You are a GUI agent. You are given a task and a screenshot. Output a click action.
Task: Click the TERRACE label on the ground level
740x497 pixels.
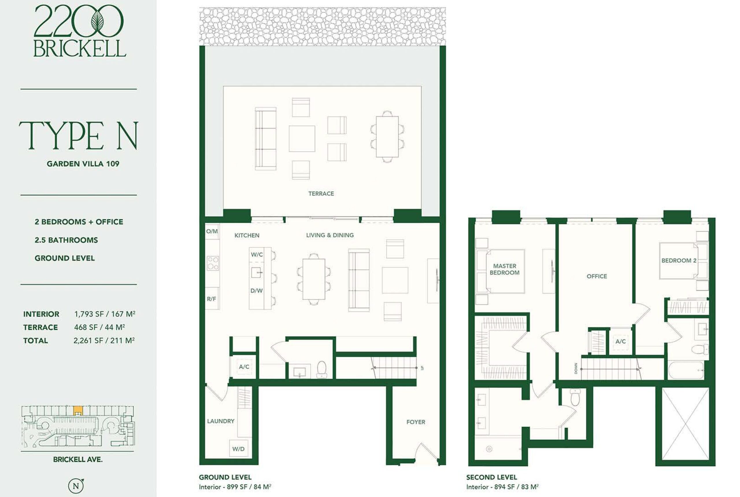tap(321, 193)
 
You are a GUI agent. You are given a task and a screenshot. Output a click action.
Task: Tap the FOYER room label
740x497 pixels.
tap(416, 422)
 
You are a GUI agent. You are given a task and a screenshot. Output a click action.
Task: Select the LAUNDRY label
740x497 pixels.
tap(221, 421)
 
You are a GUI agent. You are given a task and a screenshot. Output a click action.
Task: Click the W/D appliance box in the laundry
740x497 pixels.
tap(238, 448)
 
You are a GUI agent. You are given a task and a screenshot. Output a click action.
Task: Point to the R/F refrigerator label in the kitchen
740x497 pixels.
tap(211, 299)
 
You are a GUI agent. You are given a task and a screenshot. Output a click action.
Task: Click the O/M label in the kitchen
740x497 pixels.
tap(212, 231)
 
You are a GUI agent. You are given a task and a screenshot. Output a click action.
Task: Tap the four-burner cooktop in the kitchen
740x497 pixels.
tap(213, 263)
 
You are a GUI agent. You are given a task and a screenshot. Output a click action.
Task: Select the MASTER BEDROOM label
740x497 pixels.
tap(504, 269)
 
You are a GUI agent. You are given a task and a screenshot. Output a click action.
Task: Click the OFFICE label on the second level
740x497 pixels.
tap(597, 276)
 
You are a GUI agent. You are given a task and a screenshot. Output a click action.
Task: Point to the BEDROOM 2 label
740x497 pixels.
tap(679, 260)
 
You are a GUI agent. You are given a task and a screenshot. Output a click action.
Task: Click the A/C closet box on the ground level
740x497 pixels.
tap(244, 367)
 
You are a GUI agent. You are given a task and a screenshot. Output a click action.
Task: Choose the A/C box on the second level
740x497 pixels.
tap(621, 341)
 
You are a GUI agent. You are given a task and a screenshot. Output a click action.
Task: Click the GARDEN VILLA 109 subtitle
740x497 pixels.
tap(83, 164)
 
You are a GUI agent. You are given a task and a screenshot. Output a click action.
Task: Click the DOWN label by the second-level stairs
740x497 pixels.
tap(576, 368)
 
